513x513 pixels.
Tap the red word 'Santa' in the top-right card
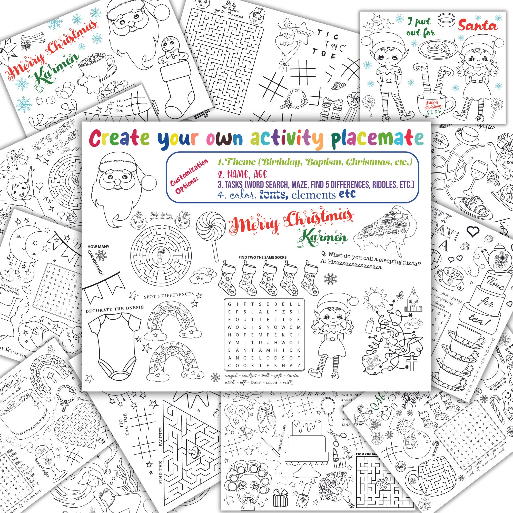pyautogui.click(x=477, y=26)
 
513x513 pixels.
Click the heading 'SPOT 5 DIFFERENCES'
pyautogui.click(x=169, y=295)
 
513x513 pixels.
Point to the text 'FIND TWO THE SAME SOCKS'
pyautogui.click(x=262, y=257)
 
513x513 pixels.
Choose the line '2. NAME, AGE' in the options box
pyautogui.click(x=242, y=174)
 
